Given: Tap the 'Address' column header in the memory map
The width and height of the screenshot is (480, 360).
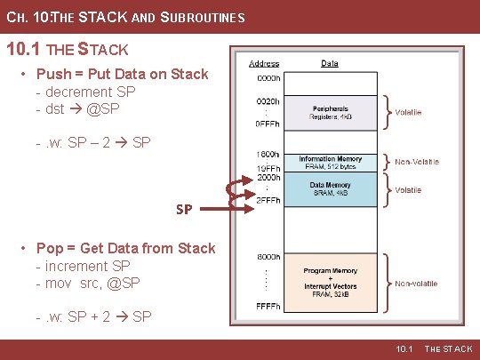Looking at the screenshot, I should [264, 64].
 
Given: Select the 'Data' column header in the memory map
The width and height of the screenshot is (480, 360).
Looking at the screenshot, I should [329, 64].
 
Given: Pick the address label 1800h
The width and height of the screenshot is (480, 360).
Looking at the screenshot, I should [268, 153].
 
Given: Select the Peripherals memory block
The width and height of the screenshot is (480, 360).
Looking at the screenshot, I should [329, 113].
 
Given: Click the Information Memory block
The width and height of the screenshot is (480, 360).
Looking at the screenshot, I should [329, 162].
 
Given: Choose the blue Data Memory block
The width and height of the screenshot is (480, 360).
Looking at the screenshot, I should [329, 189].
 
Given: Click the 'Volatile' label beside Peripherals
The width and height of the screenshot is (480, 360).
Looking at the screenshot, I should [408, 113].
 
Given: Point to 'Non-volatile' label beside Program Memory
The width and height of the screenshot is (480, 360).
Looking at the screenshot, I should [417, 284].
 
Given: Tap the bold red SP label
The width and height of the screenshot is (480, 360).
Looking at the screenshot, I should [184, 210].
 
